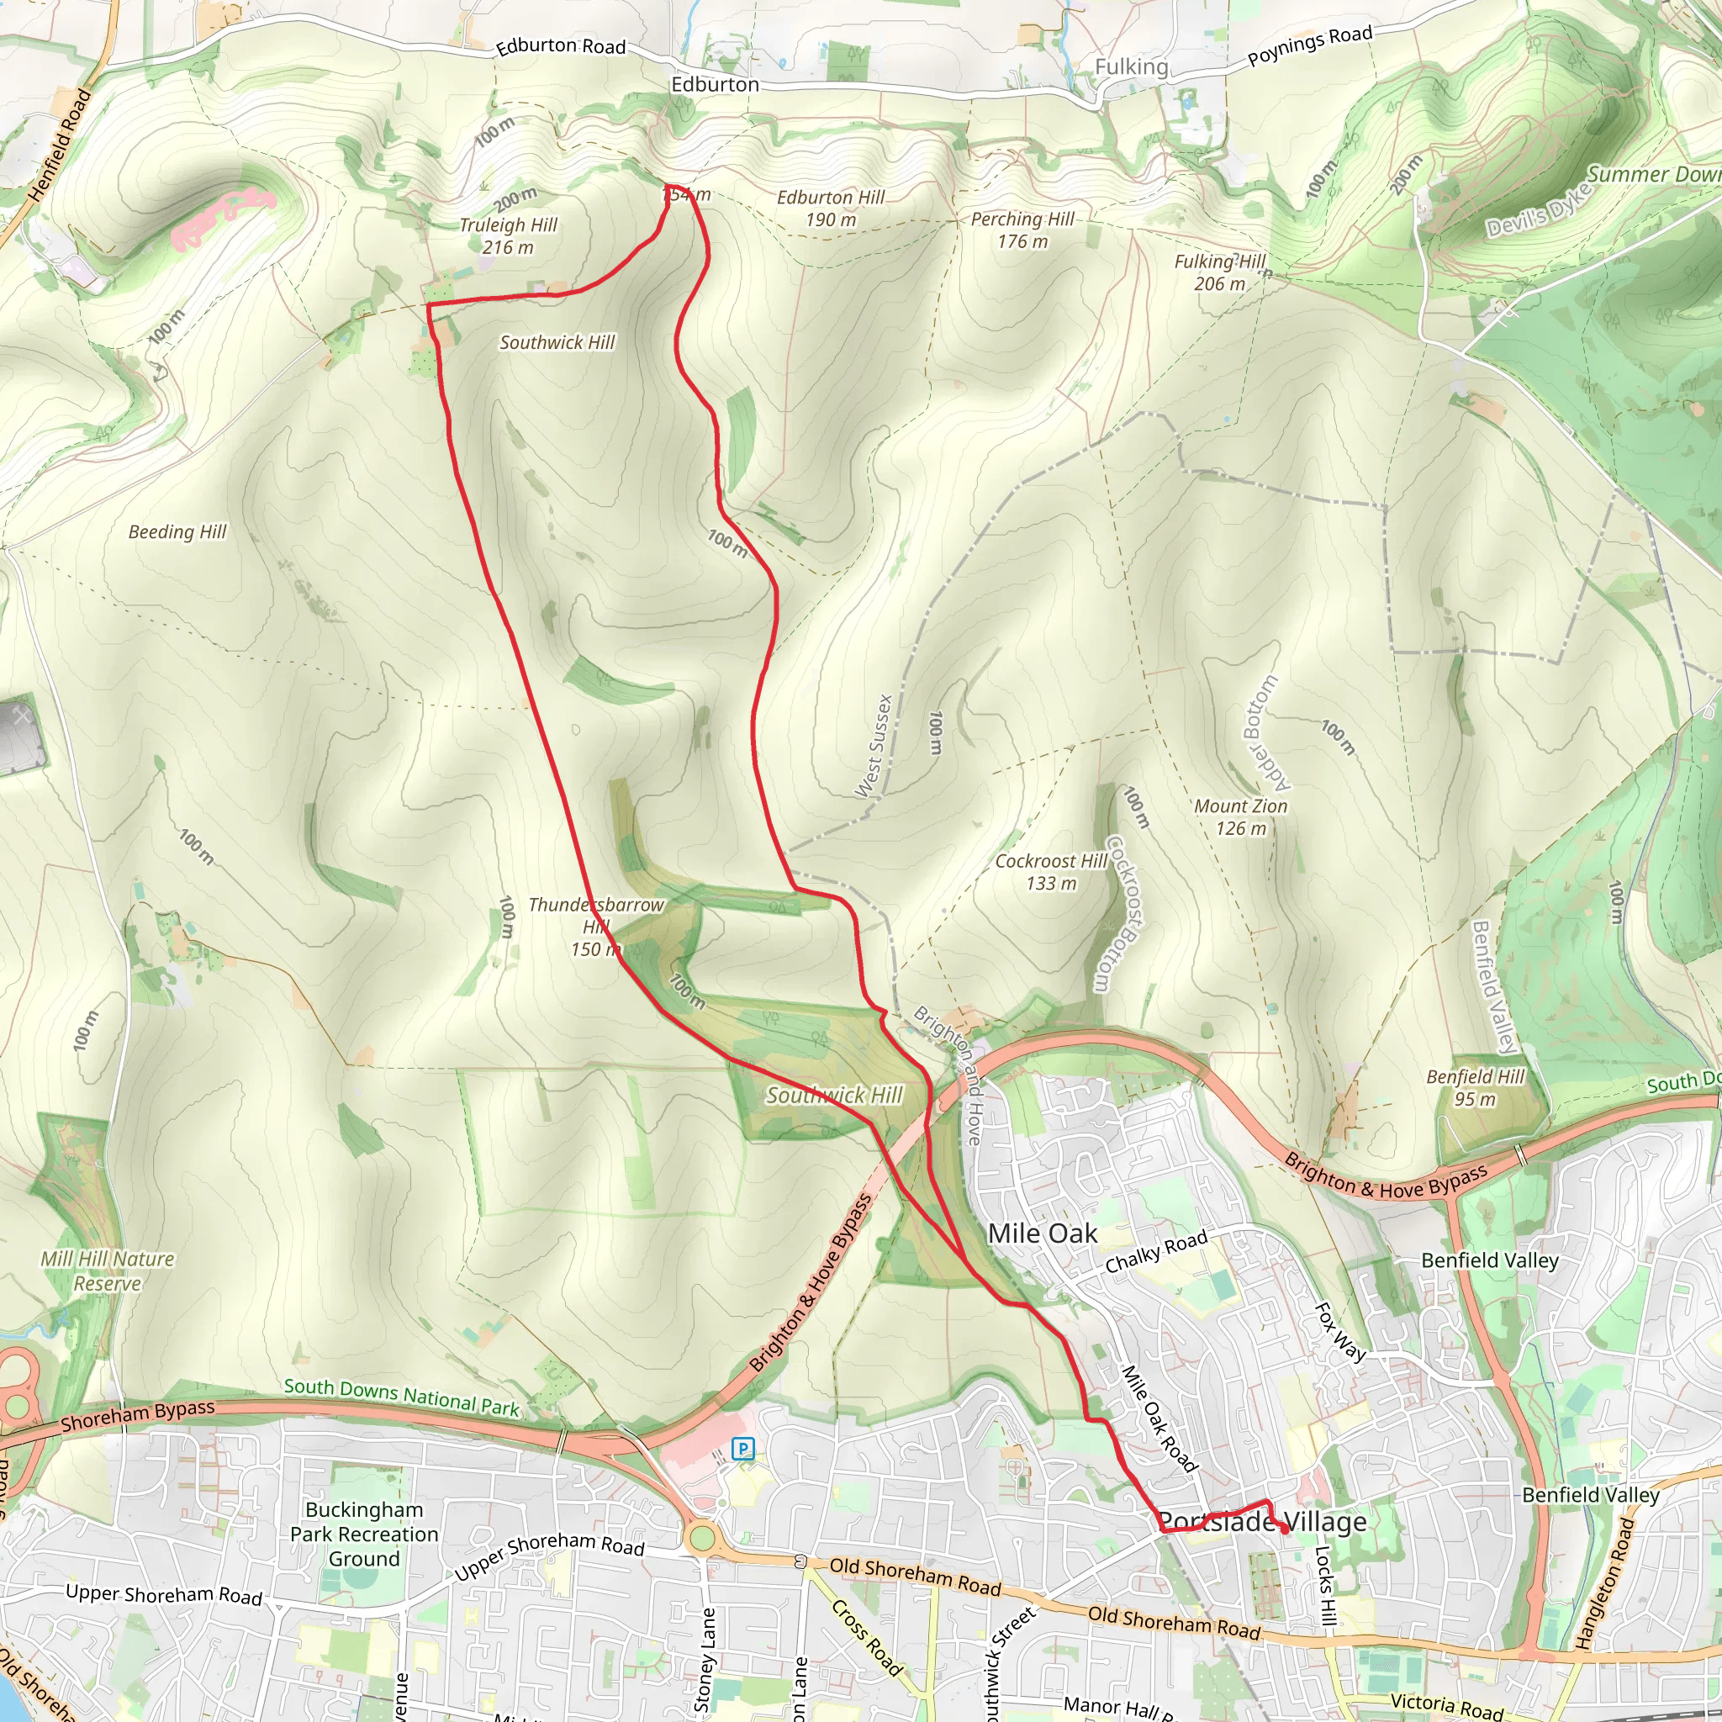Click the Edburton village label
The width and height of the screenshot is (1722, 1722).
point(715,85)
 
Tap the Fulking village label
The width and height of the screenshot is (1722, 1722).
point(1131,67)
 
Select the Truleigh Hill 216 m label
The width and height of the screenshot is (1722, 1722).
point(508,236)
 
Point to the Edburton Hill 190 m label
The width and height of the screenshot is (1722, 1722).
point(831,209)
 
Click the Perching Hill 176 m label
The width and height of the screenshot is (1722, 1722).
point(1022,230)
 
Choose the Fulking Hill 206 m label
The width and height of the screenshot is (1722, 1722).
point(1219,272)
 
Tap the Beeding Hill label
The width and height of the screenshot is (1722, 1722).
point(177,532)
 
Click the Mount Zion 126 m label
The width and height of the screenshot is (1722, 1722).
point(1241,817)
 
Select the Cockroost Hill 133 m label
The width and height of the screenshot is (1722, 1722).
point(1051,872)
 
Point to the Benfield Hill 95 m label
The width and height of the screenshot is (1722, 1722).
point(1475,1087)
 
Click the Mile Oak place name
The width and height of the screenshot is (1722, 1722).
point(1043,1233)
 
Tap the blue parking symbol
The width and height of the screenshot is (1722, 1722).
point(742,1450)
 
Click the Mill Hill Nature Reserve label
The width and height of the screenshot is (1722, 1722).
point(108,1271)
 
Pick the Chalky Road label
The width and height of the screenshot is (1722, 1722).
point(1156,1250)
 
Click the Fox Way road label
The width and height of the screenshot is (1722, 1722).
point(1340,1332)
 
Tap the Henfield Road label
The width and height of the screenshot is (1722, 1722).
point(60,145)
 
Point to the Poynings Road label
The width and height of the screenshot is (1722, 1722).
point(1309,46)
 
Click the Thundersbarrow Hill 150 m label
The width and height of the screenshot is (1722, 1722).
point(595,927)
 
